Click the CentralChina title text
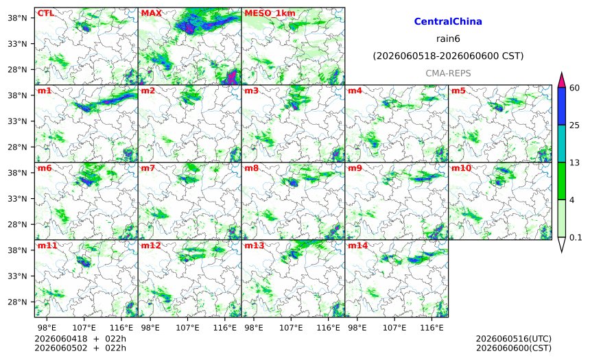(x=448, y=21)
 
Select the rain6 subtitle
(x=448, y=39)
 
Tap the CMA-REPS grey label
(x=448, y=73)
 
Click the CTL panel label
(x=45, y=13)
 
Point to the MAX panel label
(x=151, y=13)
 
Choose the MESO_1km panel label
(x=270, y=14)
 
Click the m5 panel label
(x=458, y=91)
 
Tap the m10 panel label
(x=461, y=168)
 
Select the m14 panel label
(x=357, y=245)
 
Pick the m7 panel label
(x=148, y=168)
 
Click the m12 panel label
(x=151, y=245)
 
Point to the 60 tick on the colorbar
(x=575, y=88)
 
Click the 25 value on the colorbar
(x=575, y=125)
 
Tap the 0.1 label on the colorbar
(x=576, y=237)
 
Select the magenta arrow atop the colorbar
(x=561, y=80)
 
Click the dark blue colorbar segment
(x=561, y=106)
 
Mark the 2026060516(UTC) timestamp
(x=514, y=339)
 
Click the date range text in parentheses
(x=448, y=56)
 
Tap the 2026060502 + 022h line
(x=80, y=348)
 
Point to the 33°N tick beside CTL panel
(x=17, y=44)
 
